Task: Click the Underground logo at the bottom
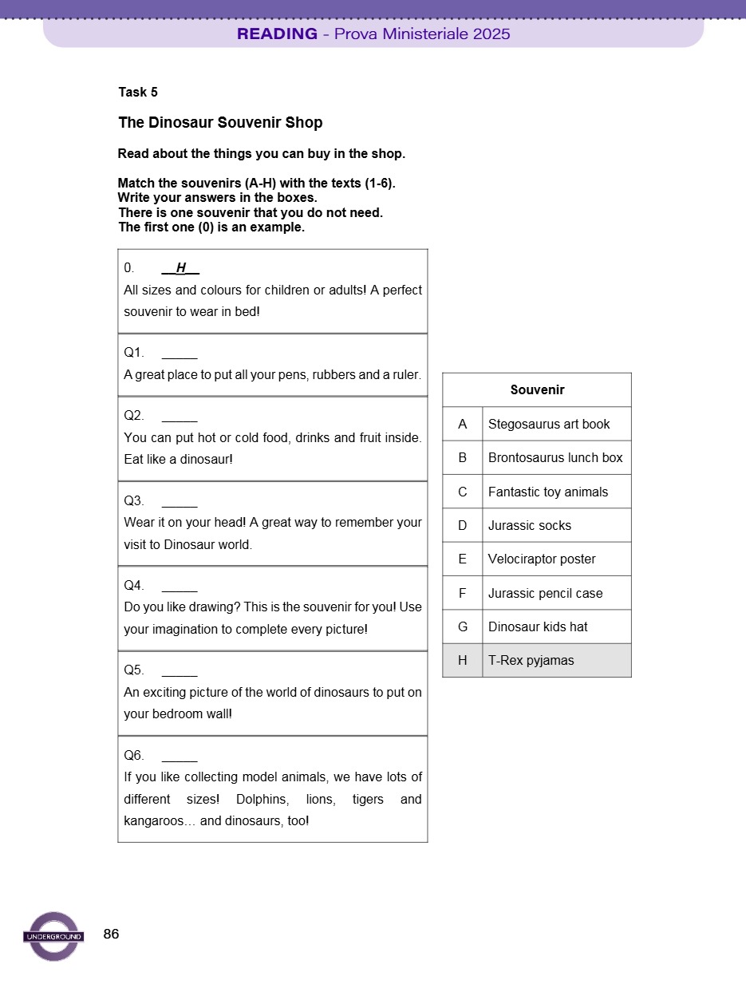[53, 936]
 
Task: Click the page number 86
[112, 934]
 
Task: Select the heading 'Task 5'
[138, 92]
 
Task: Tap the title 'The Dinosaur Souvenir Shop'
[220, 123]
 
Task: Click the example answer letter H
[181, 267]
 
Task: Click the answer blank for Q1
[180, 353]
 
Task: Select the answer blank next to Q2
[180, 416]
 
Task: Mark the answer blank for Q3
[180, 501]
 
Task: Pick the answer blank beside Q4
[180, 586]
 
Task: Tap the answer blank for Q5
[180, 670]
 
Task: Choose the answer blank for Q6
[180, 756]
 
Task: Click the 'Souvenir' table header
[537, 390]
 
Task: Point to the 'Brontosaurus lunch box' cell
[555, 458]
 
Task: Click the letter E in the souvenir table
[462, 559]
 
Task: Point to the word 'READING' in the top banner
[277, 34]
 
